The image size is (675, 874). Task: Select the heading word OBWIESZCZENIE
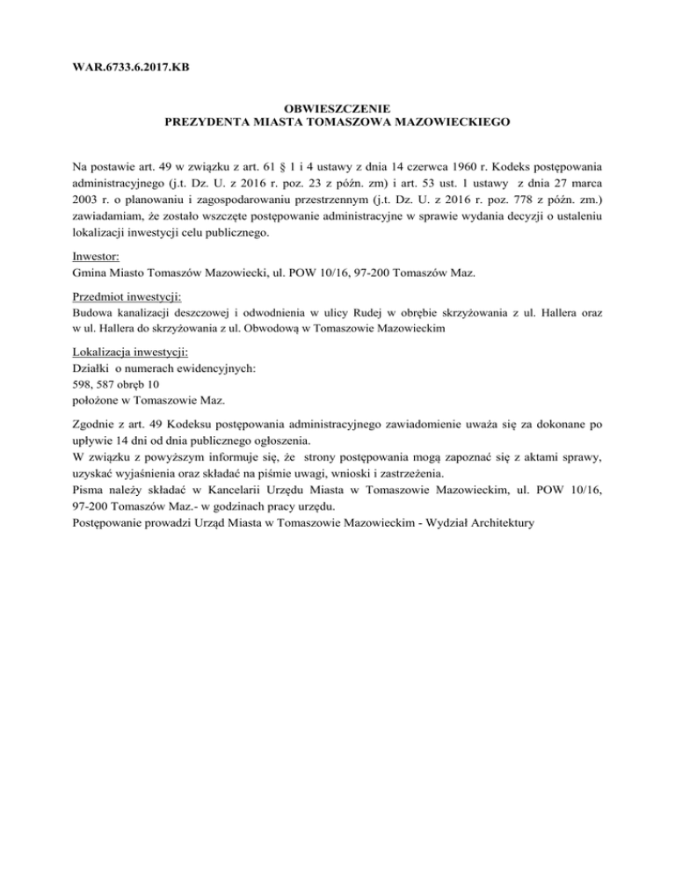click(337, 108)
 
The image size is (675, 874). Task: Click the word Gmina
click(92, 273)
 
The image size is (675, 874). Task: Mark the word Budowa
click(92, 312)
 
